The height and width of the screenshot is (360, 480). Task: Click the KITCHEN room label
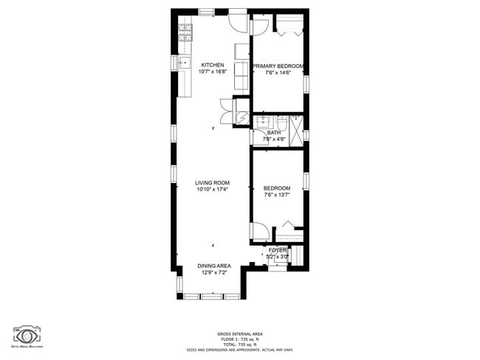coord(212,65)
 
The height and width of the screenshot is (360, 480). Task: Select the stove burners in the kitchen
coord(185,32)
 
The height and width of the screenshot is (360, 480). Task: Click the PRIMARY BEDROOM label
coord(278,66)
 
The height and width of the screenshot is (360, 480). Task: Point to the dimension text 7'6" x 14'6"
coord(278,72)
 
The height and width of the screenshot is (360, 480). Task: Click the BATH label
coord(273,133)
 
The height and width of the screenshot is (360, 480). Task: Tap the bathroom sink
coord(261,122)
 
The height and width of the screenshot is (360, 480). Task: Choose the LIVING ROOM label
coord(212,183)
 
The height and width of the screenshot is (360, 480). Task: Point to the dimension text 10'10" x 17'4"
coord(212,190)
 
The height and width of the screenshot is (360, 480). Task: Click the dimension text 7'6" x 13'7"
coord(277,195)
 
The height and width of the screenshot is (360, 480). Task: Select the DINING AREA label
coord(214,266)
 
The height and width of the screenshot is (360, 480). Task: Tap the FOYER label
coord(277,251)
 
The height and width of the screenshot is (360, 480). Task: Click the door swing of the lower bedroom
coord(260,231)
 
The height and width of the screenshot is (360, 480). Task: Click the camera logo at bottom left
coord(27,333)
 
